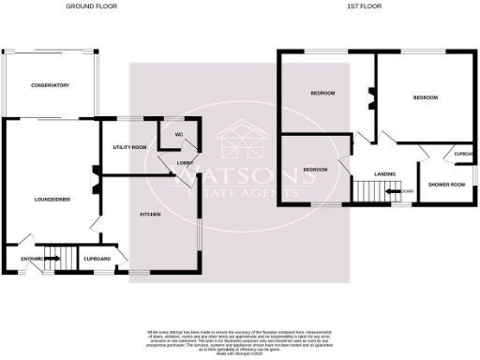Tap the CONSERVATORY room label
(51, 85)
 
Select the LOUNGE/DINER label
(49, 200)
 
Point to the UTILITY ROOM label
(129, 148)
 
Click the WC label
(178, 134)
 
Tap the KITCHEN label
(151, 215)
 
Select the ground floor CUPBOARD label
(97, 259)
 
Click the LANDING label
(384, 173)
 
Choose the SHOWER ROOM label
(446, 184)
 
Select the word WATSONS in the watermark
(241, 174)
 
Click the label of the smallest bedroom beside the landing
(315, 170)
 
